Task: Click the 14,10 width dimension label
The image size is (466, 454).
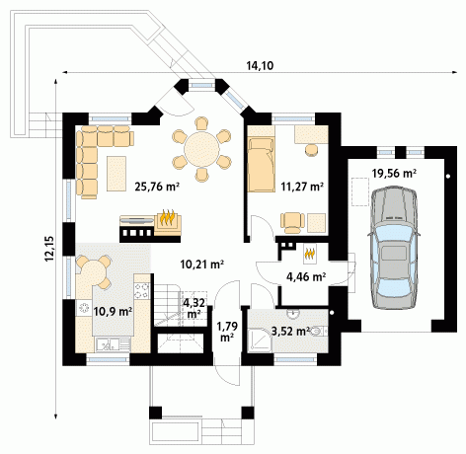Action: tap(260, 66)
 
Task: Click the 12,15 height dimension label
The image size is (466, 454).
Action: tap(49, 249)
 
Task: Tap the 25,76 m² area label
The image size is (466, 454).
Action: tap(157, 187)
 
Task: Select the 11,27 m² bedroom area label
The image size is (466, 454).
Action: tap(302, 187)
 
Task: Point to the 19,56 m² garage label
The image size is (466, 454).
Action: tap(394, 173)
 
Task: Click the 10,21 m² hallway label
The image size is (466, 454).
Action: tap(202, 264)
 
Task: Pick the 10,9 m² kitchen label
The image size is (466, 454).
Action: tap(113, 311)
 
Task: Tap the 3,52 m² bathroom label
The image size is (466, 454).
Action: tap(290, 331)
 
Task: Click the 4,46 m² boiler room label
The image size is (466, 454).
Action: tap(306, 277)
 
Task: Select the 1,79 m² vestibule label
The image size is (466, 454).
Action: tap(227, 332)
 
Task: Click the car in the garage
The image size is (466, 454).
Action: tap(394, 248)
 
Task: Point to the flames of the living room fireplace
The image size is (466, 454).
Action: tap(168, 218)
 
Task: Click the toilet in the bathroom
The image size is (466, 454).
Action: tap(319, 331)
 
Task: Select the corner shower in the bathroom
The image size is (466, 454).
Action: tap(260, 340)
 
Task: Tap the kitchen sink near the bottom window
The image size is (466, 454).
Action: tap(113, 344)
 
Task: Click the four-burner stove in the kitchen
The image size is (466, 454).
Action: tap(142, 291)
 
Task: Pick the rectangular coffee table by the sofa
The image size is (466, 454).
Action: tap(116, 174)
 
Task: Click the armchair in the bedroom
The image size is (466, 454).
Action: tap(292, 223)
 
